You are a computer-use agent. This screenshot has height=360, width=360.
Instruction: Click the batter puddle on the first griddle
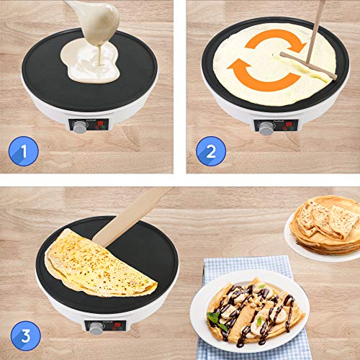pyautogui.click(x=90, y=61)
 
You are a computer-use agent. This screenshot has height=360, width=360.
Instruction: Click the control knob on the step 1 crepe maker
pyautogui.click(x=79, y=126)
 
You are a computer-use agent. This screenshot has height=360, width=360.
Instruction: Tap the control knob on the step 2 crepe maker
pyautogui.click(x=266, y=127)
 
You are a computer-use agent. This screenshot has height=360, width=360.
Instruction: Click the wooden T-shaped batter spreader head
pyautogui.click(x=307, y=66)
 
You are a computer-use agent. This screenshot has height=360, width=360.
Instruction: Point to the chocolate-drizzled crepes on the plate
pyautogui.click(x=252, y=310)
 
